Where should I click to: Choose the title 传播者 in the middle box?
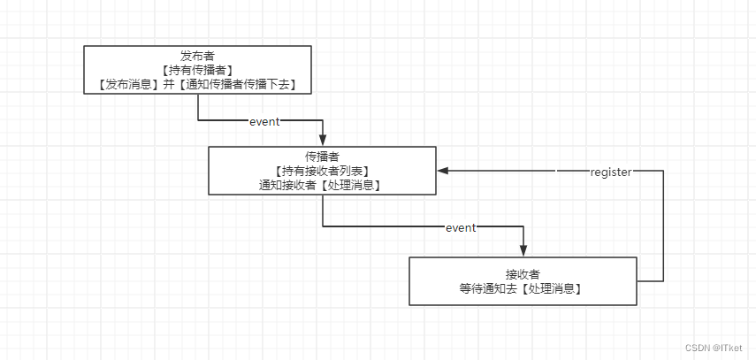coord(322,156)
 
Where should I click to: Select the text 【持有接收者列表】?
coord(322,171)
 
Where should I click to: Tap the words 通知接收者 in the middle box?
coord(290,185)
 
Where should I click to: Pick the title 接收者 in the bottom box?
coord(523,274)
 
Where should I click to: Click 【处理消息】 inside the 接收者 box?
coord(553,289)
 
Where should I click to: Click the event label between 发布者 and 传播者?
coord(264,121)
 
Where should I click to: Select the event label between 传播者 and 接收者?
coord(461,227)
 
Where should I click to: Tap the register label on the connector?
coord(611,172)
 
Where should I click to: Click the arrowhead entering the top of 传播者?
coord(323,140)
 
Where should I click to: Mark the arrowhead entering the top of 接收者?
coord(523,250)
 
